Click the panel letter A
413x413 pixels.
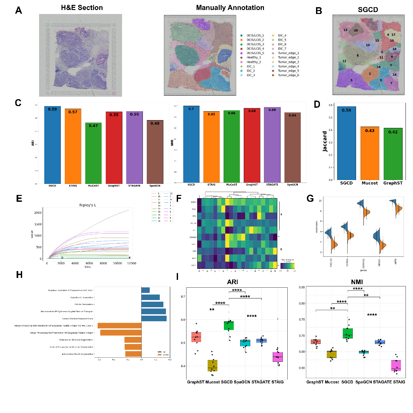pos(19,10)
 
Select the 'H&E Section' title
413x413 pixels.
pos(82,8)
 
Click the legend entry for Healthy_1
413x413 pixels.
pos(254,57)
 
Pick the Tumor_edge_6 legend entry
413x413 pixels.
pos(288,75)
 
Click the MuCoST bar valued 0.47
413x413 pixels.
pos(93,153)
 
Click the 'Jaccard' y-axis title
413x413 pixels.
pos(325,142)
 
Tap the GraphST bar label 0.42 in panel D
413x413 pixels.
pos(393,132)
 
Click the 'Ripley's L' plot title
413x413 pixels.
pos(88,205)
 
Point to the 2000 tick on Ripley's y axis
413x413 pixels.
pos(38,213)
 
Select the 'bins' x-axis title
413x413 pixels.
pos(88,267)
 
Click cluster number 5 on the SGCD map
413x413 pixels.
pos(351,80)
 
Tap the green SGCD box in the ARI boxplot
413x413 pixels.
pos(228,325)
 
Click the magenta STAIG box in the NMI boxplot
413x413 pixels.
pos(396,365)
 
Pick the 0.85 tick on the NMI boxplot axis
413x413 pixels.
pos(302,287)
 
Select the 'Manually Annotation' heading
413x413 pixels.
pos(230,8)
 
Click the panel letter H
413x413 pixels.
pos(19,275)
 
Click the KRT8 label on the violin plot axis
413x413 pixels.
pos(396,261)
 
